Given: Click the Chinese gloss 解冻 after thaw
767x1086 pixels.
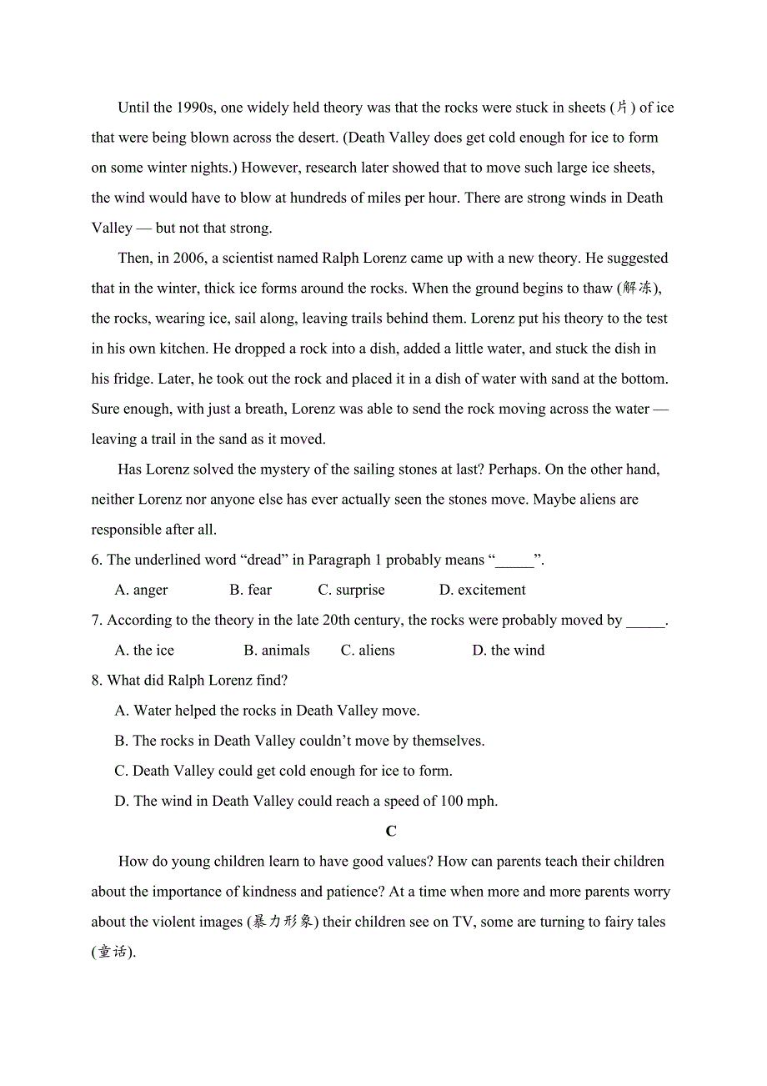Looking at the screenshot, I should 638,289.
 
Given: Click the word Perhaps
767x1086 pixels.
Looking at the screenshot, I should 513,470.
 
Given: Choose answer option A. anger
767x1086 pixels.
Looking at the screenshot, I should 141,590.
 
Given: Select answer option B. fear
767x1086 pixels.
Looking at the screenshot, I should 251,590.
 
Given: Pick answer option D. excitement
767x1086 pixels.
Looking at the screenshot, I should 483,590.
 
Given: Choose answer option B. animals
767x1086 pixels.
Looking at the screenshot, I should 277,651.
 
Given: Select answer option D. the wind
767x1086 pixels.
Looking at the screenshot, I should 509,651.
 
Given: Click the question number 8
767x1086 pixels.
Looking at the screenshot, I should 96,681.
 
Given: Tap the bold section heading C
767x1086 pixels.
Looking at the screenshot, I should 391,832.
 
